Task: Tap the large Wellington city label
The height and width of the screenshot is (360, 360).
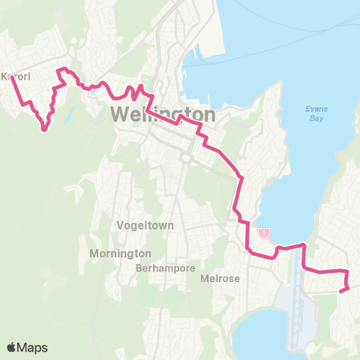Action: point(163,115)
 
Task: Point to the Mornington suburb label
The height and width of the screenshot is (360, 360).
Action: point(120,253)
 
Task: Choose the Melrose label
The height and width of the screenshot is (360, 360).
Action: point(220,278)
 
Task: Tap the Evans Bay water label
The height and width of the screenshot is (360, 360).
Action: point(316,113)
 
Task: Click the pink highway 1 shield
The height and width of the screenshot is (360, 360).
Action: point(264,233)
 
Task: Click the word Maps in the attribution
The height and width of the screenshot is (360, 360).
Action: point(34,347)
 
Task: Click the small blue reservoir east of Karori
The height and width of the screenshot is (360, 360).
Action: point(69,115)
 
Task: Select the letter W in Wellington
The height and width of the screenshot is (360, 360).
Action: point(121,115)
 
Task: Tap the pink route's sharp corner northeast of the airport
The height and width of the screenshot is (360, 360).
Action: point(304,244)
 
